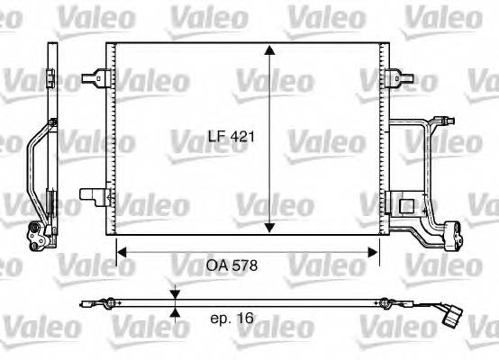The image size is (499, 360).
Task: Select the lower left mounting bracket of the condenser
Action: (x=92, y=194)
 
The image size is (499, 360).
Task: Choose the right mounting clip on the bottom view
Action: (x=385, y=301)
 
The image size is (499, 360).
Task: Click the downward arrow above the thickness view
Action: (x=175, y=292)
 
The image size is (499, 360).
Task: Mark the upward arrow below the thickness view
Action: (x=175, y=311)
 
